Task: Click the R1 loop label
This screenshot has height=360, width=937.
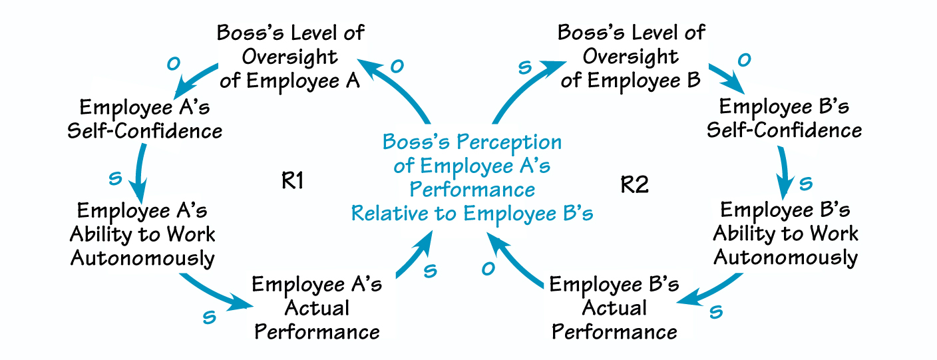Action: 292,182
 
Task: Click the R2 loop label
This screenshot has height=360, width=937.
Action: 634,184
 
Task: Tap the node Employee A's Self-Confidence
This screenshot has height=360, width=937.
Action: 144,118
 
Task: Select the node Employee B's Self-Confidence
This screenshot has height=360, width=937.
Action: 784,118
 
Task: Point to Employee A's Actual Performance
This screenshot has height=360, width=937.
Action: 317,308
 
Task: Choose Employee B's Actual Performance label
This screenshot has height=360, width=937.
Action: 614,308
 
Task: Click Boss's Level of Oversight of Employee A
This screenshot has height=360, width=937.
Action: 291,57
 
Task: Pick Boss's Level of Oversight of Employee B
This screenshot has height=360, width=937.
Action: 631,57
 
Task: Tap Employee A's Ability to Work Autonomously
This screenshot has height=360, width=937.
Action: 142,234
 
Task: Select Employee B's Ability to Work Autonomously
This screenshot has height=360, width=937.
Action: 785,234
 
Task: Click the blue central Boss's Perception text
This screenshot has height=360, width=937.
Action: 472,177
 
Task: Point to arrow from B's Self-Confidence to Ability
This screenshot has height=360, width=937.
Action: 787,170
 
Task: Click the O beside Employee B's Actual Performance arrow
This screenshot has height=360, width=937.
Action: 488,269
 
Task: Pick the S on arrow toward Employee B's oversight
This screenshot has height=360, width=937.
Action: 524,67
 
